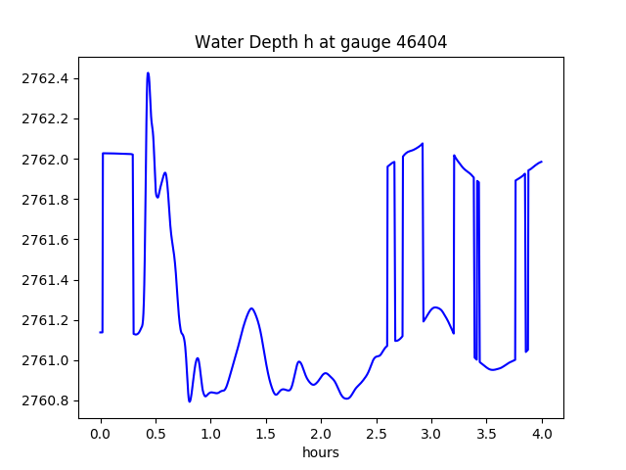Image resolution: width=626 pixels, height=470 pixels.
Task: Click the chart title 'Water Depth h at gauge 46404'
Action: pos(321,42)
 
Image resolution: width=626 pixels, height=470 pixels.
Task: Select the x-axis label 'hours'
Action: pos(321,452)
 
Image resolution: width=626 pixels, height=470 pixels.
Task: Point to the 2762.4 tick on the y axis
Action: pos(47,78)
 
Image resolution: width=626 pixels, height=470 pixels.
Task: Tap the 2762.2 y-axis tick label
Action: pos(47,118)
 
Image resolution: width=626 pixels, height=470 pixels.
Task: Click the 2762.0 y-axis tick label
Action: pos(47,159)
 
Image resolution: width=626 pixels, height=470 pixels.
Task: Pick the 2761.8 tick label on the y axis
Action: pos(47,200)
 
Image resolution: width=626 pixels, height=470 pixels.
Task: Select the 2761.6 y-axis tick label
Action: pos(47,240)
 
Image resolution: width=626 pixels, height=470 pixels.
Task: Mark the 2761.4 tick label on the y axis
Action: pos(47,280)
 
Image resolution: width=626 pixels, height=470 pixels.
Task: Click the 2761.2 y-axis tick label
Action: pos(47,320)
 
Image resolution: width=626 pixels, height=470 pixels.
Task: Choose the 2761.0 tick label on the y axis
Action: pos(47,360)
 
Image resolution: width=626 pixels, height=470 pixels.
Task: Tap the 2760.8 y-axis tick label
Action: pos(47,400)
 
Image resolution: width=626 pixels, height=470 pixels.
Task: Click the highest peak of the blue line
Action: pos(148,73)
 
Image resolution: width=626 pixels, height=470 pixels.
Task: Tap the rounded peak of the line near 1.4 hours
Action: pos(251,308)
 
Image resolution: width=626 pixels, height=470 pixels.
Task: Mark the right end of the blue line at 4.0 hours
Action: pos(541,162)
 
